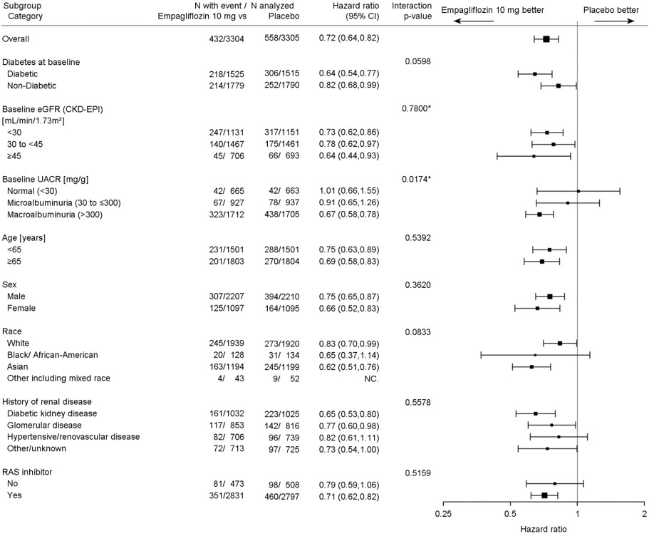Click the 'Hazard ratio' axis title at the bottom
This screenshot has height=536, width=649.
543,530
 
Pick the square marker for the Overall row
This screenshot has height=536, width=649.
546,38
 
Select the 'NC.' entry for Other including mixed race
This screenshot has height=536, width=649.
370,378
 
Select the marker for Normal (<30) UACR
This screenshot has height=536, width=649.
578,191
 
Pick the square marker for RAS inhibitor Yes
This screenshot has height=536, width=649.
545,495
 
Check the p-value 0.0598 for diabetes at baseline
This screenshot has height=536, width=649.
416,62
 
